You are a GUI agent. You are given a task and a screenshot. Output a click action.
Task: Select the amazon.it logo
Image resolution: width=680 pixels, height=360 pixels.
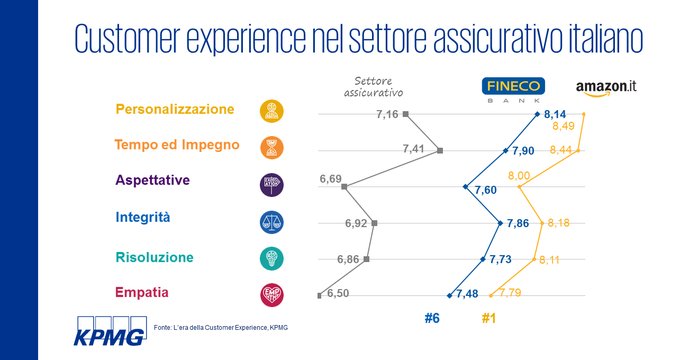click(x=606, y=87)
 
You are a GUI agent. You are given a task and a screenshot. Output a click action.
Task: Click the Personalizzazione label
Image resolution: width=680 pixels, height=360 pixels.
click(x=175, y=109)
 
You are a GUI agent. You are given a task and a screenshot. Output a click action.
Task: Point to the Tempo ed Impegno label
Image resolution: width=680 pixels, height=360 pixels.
click(x=177, y=145)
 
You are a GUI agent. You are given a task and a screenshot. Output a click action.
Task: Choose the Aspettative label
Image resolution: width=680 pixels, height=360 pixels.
click(x=160, y=181)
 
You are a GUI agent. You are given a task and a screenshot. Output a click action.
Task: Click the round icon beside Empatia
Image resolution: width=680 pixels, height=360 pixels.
click(x=271, y=294)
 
